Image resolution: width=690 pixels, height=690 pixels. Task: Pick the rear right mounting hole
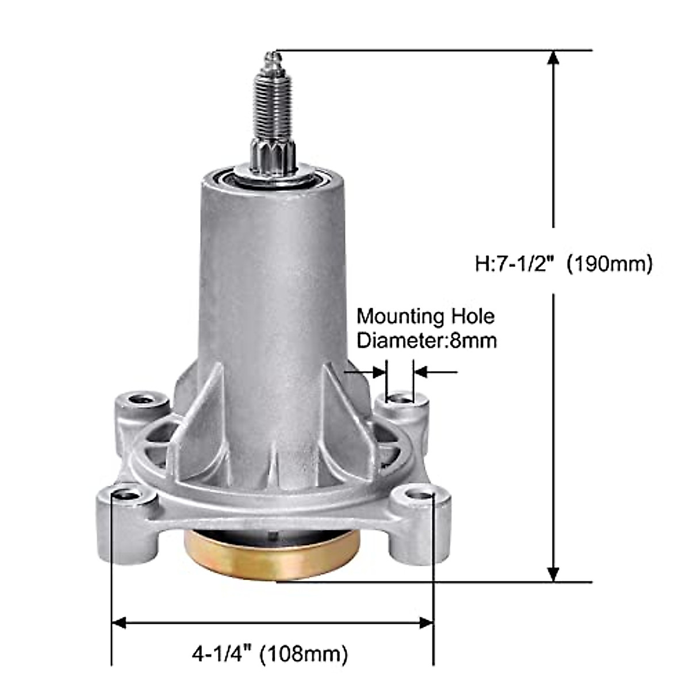[x=401, y=397]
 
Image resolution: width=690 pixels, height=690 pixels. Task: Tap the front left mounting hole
[x=127, y=494]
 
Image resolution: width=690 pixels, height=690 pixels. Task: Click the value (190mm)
[x=609, y=264]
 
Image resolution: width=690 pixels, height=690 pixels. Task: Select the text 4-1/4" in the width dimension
[x=222, y=653]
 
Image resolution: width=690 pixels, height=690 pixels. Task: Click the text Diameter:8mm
[x=426, y=340]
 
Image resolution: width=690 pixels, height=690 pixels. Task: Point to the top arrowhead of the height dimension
[x=553, y=57]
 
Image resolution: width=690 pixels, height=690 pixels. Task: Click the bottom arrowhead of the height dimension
[x=553, y=574]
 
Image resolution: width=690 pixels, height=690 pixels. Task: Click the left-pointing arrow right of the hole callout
[x=421, y=372]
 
